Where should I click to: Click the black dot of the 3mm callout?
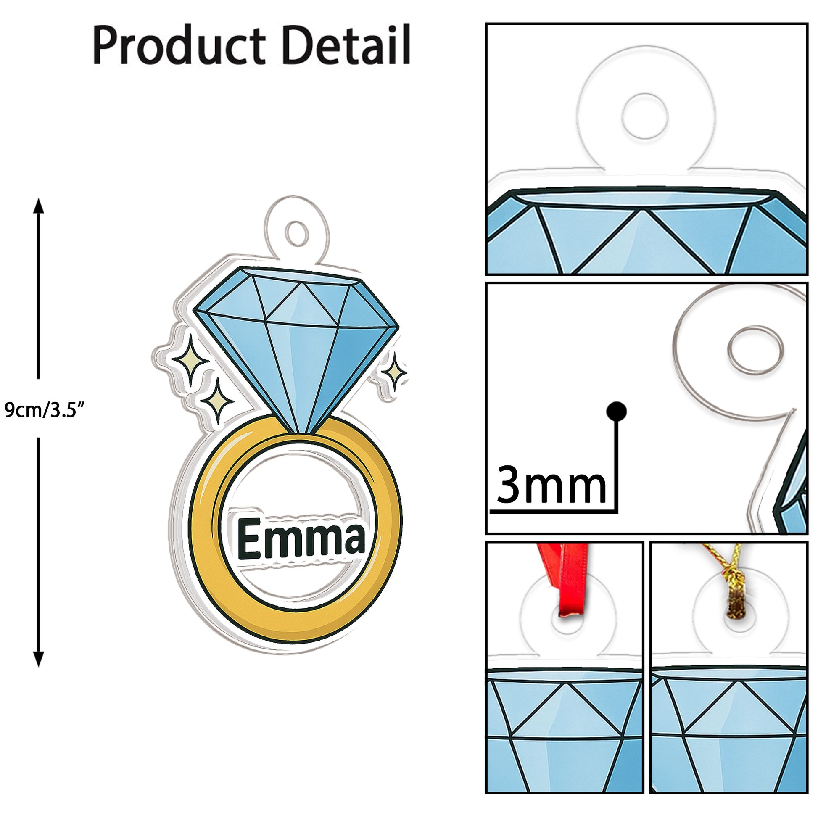(617, 410)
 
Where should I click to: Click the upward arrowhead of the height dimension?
(39, 206)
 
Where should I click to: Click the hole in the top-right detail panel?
(644, 116)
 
